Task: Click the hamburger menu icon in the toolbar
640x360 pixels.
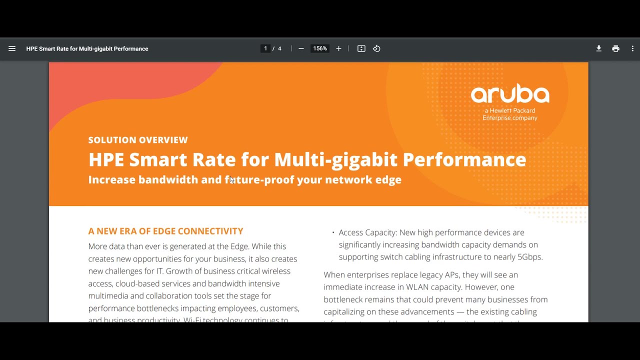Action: coord(12,48)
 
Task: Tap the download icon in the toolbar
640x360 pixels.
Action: coord(598,48)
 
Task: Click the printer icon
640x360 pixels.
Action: coord(615,48)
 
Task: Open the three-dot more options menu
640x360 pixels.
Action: coord(632,48)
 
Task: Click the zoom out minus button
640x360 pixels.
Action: coord(301,48)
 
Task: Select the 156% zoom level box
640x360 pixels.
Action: coord(320,48)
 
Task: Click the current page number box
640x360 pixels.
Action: coord(265,48)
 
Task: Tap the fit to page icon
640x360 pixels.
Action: coord(361,48)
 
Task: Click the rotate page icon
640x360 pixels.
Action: coord(376,48)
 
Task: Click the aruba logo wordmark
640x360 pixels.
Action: coord(510,94)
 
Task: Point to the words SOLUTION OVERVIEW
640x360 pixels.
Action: coord(138,140)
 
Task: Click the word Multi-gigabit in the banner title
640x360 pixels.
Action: coord(336,159)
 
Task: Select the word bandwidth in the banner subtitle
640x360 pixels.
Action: coord(168,179)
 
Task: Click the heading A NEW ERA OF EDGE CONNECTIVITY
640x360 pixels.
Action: coord(165,231)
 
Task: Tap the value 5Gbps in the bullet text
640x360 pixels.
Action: coord(529,257)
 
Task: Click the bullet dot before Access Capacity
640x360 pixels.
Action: coord(333,233)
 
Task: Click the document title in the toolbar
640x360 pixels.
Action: coord(87,48)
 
